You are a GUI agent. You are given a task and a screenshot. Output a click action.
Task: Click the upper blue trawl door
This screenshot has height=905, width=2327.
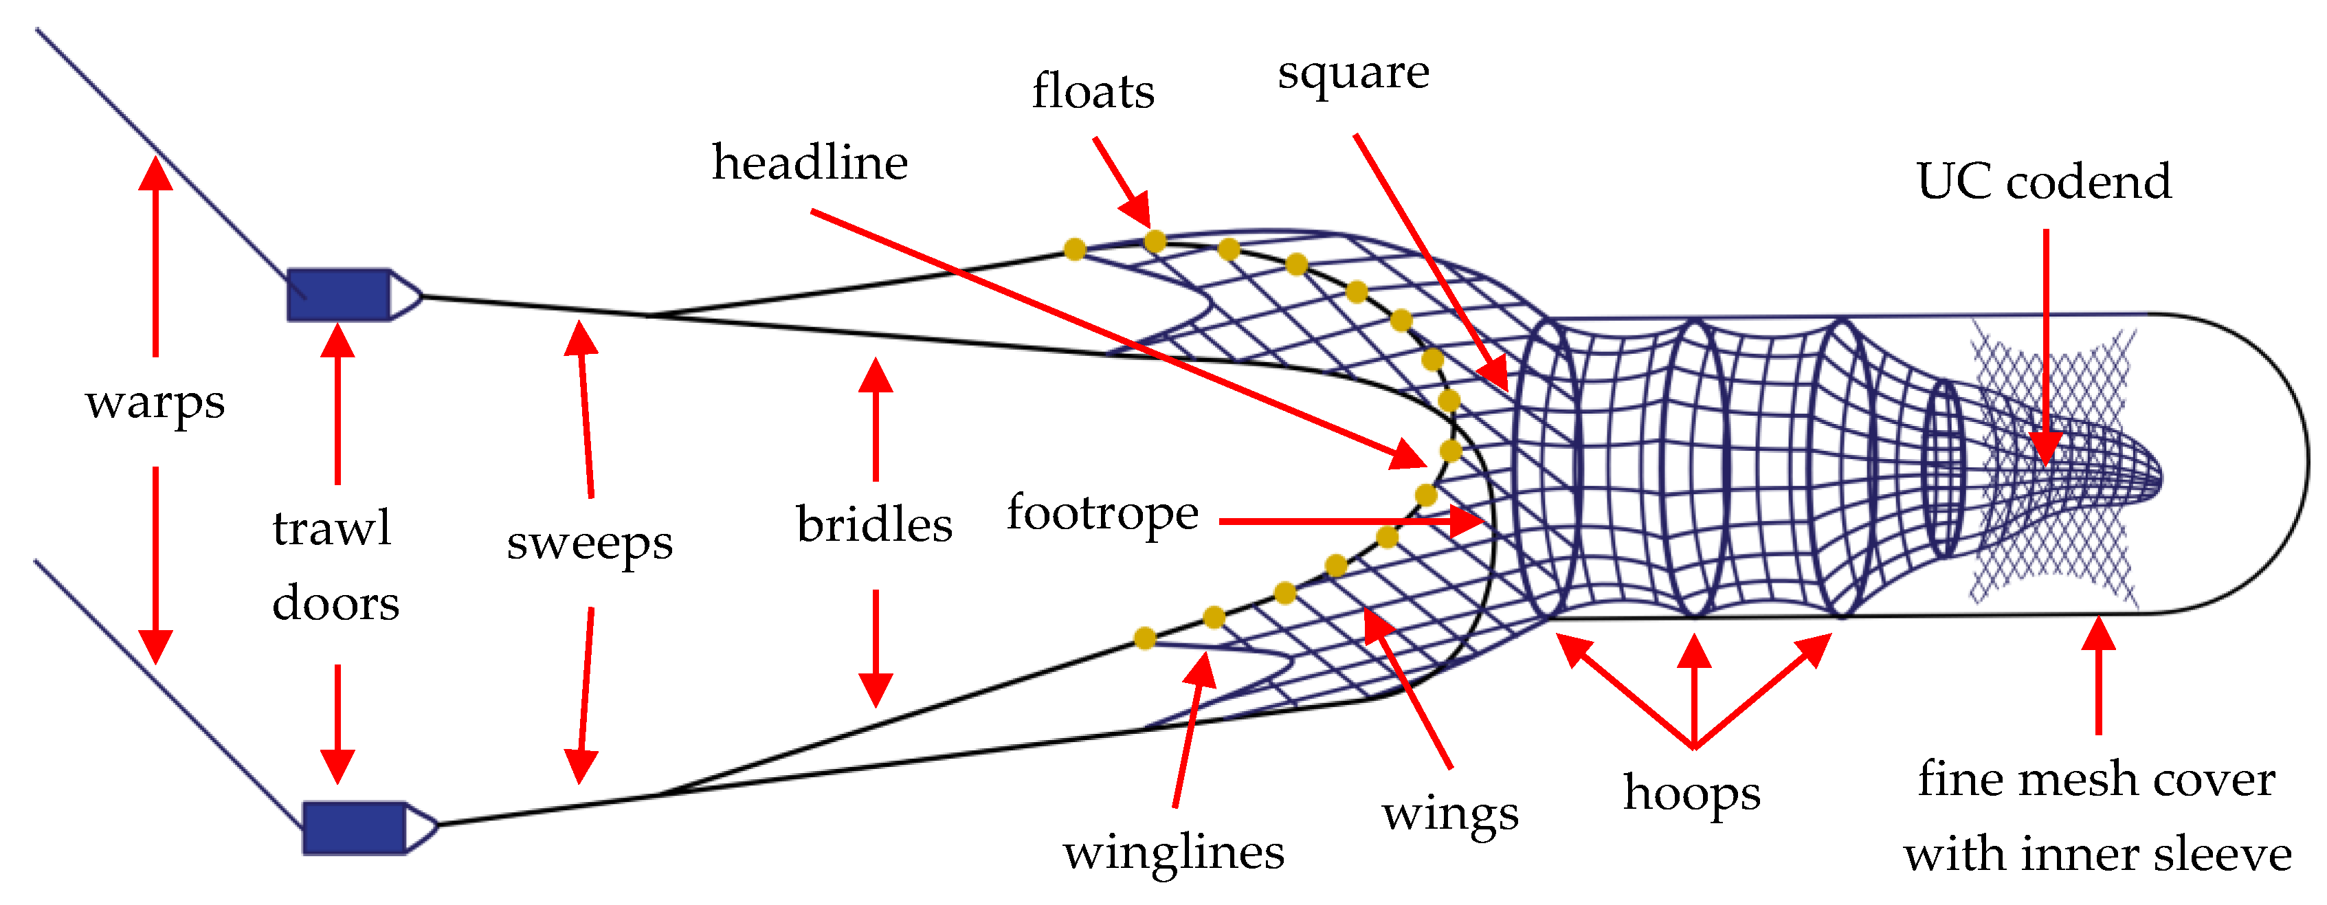(x=339, y=294)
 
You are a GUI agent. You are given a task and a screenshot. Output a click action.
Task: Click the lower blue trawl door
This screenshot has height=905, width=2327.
(x=353, y=827)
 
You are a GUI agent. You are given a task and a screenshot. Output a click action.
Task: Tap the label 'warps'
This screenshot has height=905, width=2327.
(x=155, y=403)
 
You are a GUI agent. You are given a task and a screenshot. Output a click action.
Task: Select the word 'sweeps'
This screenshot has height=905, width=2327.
(x=589, y=544)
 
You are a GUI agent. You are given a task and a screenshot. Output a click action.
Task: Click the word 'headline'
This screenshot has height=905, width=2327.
(x=810, y=164)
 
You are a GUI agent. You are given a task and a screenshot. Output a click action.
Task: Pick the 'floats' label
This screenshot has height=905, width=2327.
(x=1093, y=92)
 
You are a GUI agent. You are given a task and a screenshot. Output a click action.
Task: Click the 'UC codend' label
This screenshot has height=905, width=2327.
(x=2043, y=181)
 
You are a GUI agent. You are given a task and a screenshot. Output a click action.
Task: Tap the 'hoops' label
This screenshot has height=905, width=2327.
(x=1691, y=794)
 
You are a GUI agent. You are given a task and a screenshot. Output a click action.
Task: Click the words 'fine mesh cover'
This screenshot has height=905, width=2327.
(x=2096, y=779)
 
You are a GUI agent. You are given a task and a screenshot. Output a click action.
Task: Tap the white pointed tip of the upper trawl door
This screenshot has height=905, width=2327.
(x=405, y=294)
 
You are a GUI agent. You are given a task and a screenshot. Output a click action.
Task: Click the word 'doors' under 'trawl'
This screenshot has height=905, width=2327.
(x=335, y=603)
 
